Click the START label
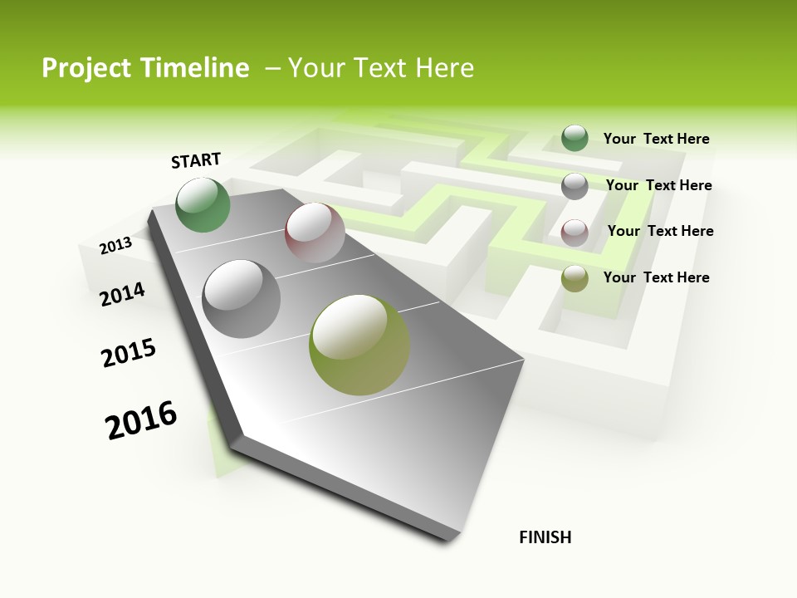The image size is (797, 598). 196,160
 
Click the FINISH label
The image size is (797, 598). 545,537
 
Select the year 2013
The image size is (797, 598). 115,245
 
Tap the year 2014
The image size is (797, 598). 122,294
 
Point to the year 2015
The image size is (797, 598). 129,353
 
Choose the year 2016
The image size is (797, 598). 141,420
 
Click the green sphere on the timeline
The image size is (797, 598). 203,204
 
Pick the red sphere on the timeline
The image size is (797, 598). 315,233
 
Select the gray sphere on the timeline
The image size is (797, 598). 242,299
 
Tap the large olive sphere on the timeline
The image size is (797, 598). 359,345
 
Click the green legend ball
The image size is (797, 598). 575,139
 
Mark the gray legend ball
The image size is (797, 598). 575,186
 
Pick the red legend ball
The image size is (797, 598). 575,233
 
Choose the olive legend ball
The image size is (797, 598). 575,278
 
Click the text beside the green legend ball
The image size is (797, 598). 656,139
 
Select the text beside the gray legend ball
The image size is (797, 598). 658,185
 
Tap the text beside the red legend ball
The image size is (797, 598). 660,231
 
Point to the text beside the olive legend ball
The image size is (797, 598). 656,277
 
